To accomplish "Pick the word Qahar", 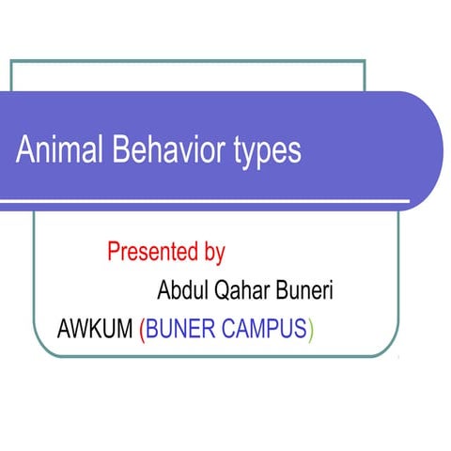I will tap(230, 290).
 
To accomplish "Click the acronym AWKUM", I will tap(95, 330).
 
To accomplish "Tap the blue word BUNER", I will tap(184, 330).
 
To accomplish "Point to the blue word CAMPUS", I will tap(266, 330).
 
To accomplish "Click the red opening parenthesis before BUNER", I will tap(141, 331).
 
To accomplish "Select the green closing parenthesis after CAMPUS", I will tap(311, 331).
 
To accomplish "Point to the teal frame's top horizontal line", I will tap(188, 60).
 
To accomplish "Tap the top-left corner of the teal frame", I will tap(10, 60).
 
